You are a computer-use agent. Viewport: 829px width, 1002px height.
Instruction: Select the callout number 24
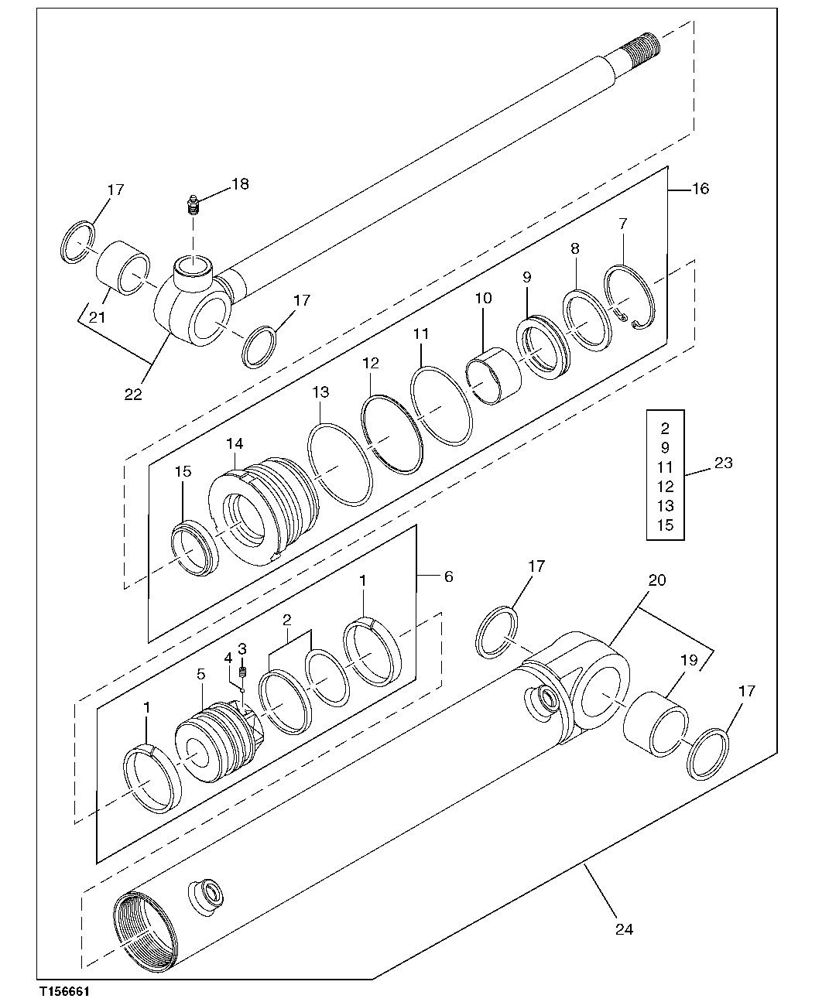pos(624,929)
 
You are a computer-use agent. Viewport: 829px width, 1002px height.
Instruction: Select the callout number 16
pos(699,189)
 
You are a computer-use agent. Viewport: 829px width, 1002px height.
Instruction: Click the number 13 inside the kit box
pos(665,506)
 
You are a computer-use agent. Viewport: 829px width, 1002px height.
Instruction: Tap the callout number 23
pos(722,463)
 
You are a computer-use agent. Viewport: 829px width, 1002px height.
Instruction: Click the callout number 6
pos(448,577)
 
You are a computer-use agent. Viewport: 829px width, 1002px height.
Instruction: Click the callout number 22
pos(133,394)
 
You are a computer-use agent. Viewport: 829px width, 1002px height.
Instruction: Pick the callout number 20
pos(656,580)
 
